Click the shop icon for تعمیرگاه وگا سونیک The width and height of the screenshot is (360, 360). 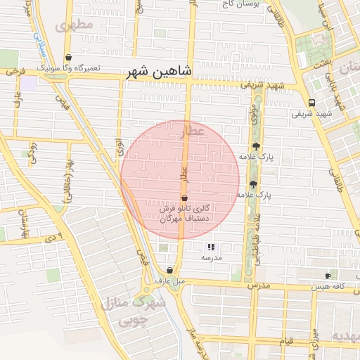click(x=68, y=58)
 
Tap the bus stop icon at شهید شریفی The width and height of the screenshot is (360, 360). click(x=311, y=103)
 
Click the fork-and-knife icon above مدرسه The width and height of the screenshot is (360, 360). click(x=212, y=247)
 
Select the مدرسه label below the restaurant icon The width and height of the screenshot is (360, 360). click(x=212, y=258)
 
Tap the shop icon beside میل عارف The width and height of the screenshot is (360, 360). click(x=170, y=270)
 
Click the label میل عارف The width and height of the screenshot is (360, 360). click(x=170, y=281)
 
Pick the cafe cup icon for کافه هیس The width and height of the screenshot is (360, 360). click(x=328, y=276)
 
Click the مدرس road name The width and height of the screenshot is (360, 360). click(x=259, y=286)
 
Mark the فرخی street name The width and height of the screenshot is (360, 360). click(x=15, y=71)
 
